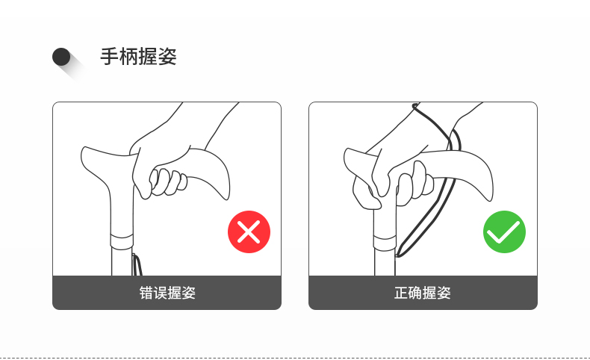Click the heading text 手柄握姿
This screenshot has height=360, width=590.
click(138, 57)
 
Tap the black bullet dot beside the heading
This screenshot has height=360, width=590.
click(61, 57)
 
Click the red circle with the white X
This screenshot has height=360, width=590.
click(249, 232)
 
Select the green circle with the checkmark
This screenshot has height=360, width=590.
click(504, 232)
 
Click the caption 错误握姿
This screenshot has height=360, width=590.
click(167, 293)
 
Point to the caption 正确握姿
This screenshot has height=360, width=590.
click(423, 293)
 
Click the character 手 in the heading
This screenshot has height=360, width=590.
click(110, 57)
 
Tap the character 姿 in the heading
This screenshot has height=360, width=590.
click(167, 57)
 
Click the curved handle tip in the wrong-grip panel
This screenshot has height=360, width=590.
click(225, 193)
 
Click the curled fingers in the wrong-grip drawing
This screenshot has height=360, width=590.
click(168, 181)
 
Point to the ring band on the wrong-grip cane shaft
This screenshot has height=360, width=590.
click(122, 241)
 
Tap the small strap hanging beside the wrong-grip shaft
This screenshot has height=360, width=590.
click(137, 265)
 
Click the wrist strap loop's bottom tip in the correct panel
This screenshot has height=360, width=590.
click(400, 255)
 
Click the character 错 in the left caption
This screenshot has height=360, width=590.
click(146, 293)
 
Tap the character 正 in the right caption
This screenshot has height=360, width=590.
click(401, 293)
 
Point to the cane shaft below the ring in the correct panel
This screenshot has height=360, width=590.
click(385, 263)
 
